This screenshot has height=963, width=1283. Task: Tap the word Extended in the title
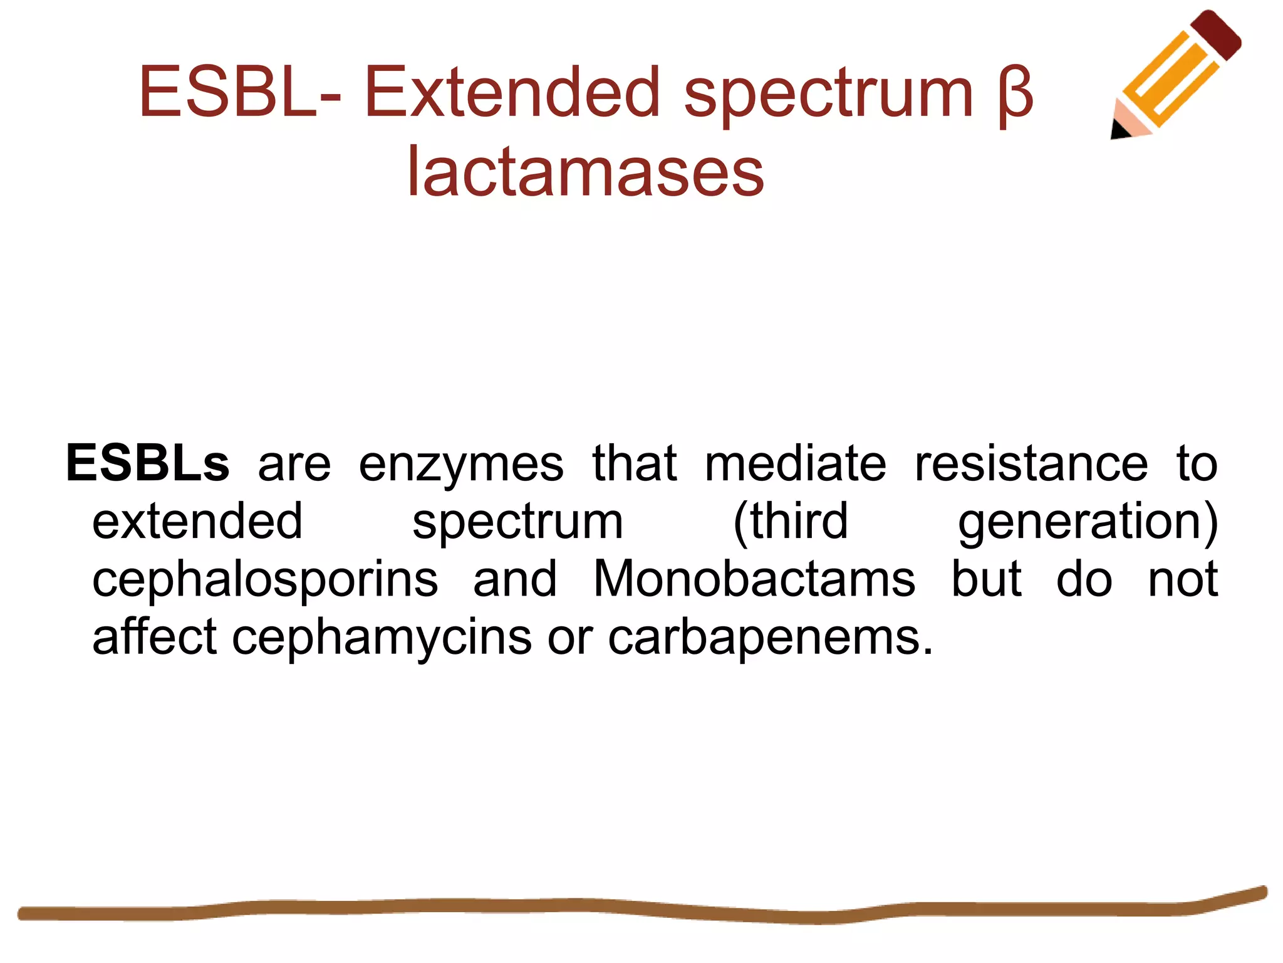click(x=512, y=92)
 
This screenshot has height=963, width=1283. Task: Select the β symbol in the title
click(x=1015, y=96)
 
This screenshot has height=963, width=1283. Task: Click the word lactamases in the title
click(x=585, y=172)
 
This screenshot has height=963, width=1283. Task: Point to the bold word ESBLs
click(x=148, y=463)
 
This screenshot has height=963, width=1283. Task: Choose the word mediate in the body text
click(x=795, y=463)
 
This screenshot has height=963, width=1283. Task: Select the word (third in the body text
click(x=791, y=522)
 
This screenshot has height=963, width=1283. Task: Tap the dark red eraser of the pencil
click(x=1216, y=34)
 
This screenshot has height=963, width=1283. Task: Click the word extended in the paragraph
click(x=197, y=521)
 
